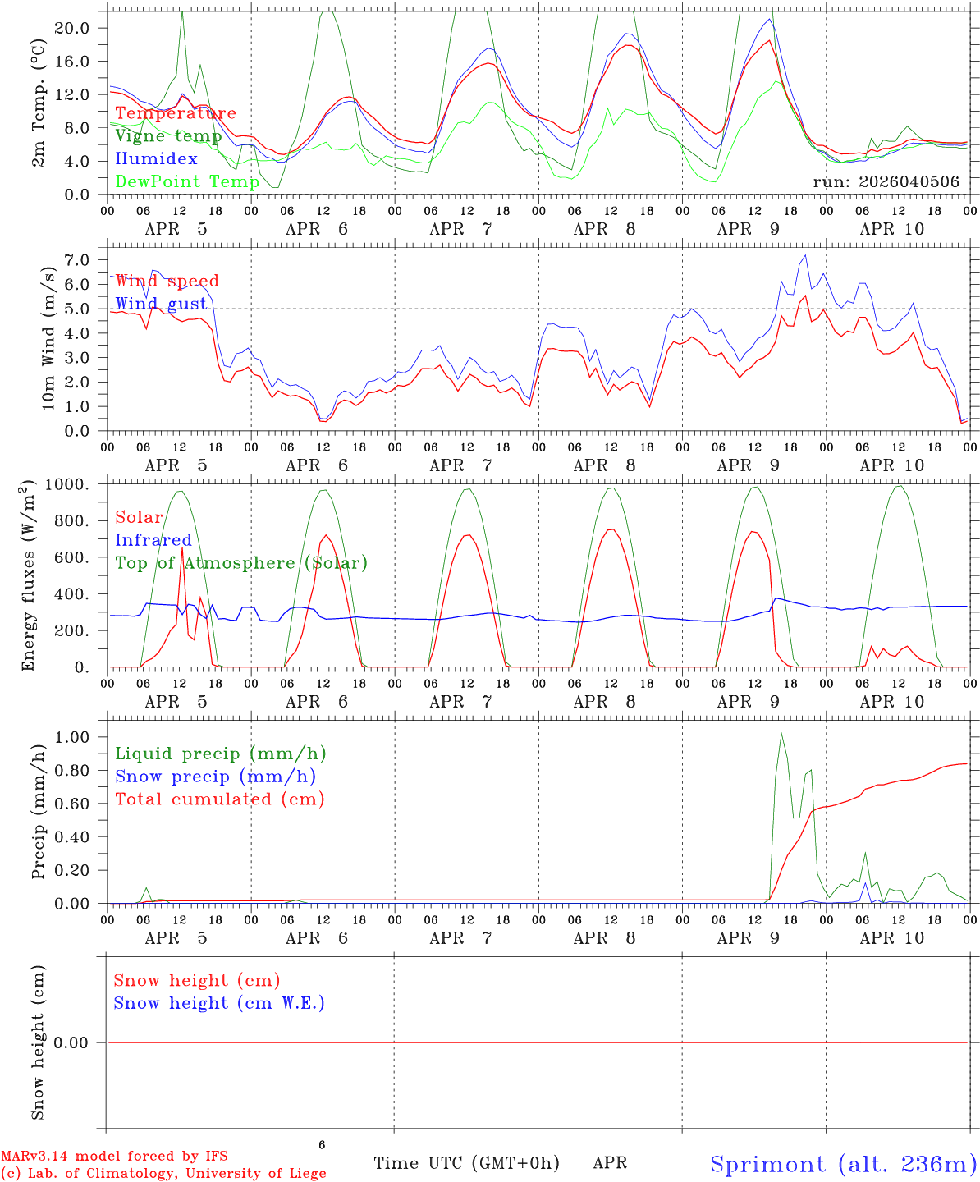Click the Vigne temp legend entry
(x=168, y=136)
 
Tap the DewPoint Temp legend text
(x=187, y=181)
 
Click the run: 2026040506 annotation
(x=886, y=182)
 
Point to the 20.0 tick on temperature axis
(x=73, y=28)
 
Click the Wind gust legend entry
(x=161, y=304)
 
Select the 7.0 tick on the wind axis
(x=80, y=260)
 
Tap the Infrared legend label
(x=153, y=540)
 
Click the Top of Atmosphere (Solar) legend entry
(x=241, y=563)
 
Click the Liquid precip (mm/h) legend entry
(x=220, y=754)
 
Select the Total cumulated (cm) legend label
(x=219, y=799)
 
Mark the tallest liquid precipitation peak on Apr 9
(x=781, y=733)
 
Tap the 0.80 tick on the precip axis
(x=73, y=771)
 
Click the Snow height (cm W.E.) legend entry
(x=219, y=1003)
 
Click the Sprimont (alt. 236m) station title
(x=843, y=1164)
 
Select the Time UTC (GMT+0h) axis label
(x=466, y=1163)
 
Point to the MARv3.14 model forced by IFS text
(x=114, y=1156)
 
